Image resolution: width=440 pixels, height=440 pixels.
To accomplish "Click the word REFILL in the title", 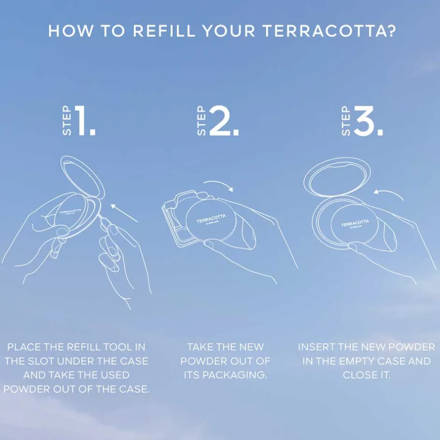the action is (164, 30).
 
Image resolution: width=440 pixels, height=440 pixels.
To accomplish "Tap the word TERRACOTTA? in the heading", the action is (330, 30).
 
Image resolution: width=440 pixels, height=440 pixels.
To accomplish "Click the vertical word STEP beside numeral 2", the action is (201, 121).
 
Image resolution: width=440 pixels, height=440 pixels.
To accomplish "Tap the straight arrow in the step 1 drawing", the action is (124, 213).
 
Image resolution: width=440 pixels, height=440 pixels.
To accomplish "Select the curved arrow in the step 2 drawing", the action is (219, 184).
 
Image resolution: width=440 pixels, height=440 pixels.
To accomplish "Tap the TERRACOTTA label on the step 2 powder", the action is (211, 219).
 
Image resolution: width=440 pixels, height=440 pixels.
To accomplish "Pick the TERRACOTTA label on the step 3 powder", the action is (355, 223).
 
